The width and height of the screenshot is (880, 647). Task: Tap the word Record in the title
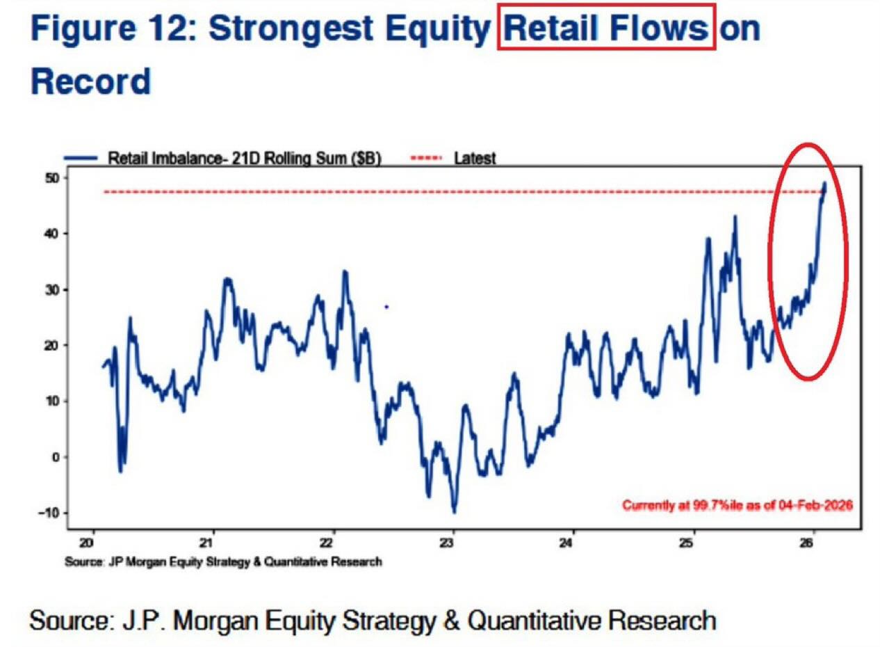click(x=90, y=82)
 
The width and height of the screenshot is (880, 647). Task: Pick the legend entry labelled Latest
click(x=475, y=158)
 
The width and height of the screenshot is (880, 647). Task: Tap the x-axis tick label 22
click(x=332, y=543)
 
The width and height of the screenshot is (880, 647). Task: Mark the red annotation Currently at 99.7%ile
click(x=737, y=505)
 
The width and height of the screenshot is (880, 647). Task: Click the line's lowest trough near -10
click(x=454, y=512)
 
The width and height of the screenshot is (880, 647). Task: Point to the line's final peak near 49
click(x=825, y=184)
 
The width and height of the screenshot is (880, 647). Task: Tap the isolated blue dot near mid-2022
click(x=386, y=307)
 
